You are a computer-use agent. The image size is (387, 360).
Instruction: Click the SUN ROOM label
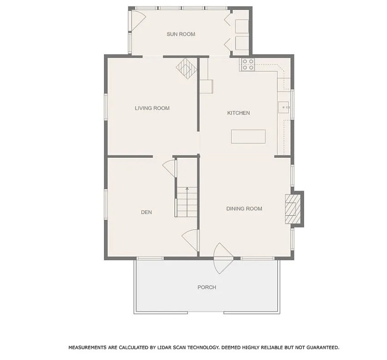pyautogui.click(x=181, y=34)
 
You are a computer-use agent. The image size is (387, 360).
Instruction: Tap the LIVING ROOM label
pyautogui.click(x=152, y=108)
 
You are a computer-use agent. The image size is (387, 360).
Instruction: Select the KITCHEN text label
pyautogui.click(x=238, y=113)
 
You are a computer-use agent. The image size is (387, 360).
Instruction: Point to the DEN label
pyautogui.click(x=146, y=212)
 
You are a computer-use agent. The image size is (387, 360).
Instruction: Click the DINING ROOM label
pyautogui.click(x=244, y=209)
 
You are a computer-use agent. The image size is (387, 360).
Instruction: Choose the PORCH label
pyautogui.click(x=207, y=287)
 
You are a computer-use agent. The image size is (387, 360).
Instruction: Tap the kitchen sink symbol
pyautogui.click(x=284, y=107)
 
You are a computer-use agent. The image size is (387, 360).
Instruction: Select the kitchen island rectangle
pyautogui.click(x=248, y=137)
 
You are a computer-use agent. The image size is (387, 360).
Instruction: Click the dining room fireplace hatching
pyautogui.click(x=293, y=209)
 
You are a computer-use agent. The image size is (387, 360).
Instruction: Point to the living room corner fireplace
pyautogui.click(x=187, y=68)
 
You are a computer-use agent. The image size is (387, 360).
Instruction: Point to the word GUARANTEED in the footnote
pyautogui.click(x=323, y=347)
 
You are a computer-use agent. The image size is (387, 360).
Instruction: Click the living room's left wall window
pyautogui.click(x=106, y=107)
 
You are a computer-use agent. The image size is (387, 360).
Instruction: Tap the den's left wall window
pyautogui.click(x=106, y=205)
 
